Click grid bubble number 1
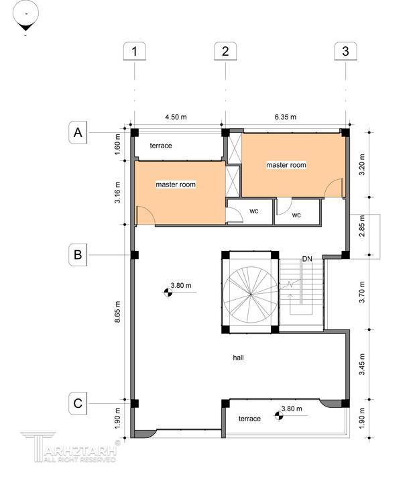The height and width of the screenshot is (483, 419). (x=135, y=51)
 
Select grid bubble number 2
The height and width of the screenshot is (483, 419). (x=225, y=51)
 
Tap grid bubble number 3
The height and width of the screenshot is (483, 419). (x=345, y=51)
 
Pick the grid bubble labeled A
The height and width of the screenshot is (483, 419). (x=78, y=132)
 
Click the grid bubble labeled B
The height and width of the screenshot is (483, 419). (x=78, y=255)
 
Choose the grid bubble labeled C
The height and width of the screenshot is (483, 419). (x=78, y=403)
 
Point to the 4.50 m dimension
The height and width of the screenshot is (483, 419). (x=176, y=117)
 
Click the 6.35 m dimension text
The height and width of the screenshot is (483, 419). (x=286, y=117)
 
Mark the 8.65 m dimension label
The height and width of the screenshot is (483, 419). (x=117, y=312)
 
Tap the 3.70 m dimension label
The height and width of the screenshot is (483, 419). (x=362, y=292)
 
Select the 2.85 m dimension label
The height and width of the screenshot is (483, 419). (x=362, y=226)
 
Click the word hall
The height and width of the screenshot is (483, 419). (x=238, y=358)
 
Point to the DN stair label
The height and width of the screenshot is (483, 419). (x=307, y=259)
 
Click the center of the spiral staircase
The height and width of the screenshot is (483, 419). (x=251, y=294)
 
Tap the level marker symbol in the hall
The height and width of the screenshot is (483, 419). (x=168, y=292)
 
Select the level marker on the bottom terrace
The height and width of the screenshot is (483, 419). (x=279, y=415)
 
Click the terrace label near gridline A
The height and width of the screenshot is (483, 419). (x=161, y=146)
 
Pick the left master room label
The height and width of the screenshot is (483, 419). (x=176, y=184)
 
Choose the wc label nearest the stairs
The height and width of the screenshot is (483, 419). (x=296, y=215)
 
